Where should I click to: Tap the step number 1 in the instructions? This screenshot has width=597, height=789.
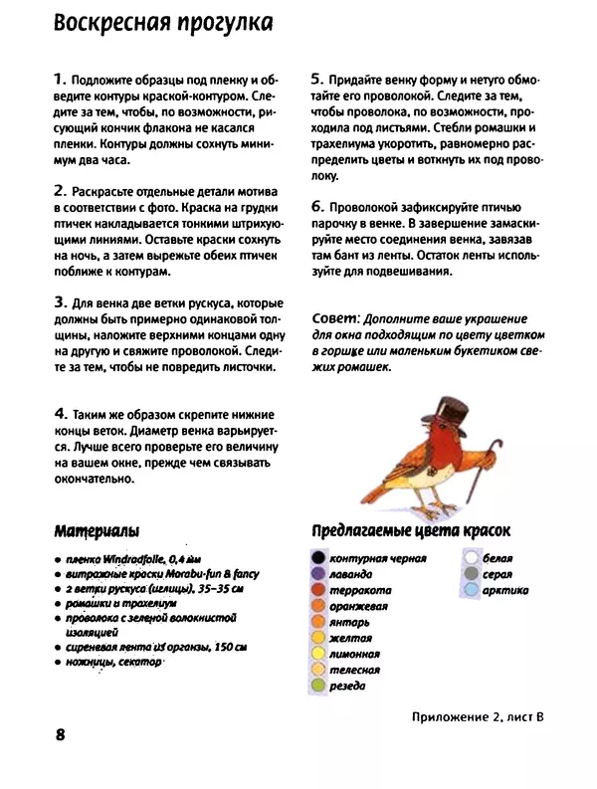coord(60,78)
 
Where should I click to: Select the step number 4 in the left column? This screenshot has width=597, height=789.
coord(60,413)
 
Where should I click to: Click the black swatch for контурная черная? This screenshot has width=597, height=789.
coord(317,558)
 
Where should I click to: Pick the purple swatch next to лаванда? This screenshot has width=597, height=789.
coord(317,574)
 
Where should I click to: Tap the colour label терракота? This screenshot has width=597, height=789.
coord(359,590)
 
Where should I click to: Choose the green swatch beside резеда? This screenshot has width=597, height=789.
coord(317,686)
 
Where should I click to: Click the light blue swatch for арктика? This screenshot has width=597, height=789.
coord(470,590)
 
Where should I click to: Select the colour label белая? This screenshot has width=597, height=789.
coord(497,558)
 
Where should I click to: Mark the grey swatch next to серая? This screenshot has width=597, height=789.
coord(470,574)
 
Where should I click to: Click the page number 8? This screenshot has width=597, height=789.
coord(61,735)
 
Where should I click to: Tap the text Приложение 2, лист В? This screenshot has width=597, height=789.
coord(476,716)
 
